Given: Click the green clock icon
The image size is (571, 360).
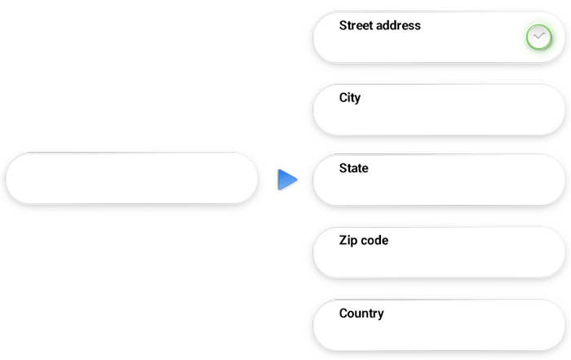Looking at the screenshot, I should [x=538, y=37].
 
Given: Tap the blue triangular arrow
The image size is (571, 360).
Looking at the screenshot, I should [x=285, y=180].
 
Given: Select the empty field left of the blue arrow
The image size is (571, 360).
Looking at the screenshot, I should [x=131, y=177].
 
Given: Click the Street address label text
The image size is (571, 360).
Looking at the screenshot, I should [x=379, y=25].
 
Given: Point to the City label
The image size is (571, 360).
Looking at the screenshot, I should [x=350, y=98].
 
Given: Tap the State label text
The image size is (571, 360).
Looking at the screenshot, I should [x=353, y=168].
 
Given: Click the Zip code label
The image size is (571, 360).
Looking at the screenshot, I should [x=363, y=241].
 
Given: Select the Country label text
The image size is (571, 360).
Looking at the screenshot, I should [x=361, y=313].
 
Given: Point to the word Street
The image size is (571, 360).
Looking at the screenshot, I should [x=356, y=25].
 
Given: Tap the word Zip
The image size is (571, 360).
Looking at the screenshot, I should [x=347, y=241].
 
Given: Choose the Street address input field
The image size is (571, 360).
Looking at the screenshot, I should [x=432, y=45].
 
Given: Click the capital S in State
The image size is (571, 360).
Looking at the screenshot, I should [x=343, y=168].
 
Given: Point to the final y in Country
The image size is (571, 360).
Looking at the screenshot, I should [x=380, y=315].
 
